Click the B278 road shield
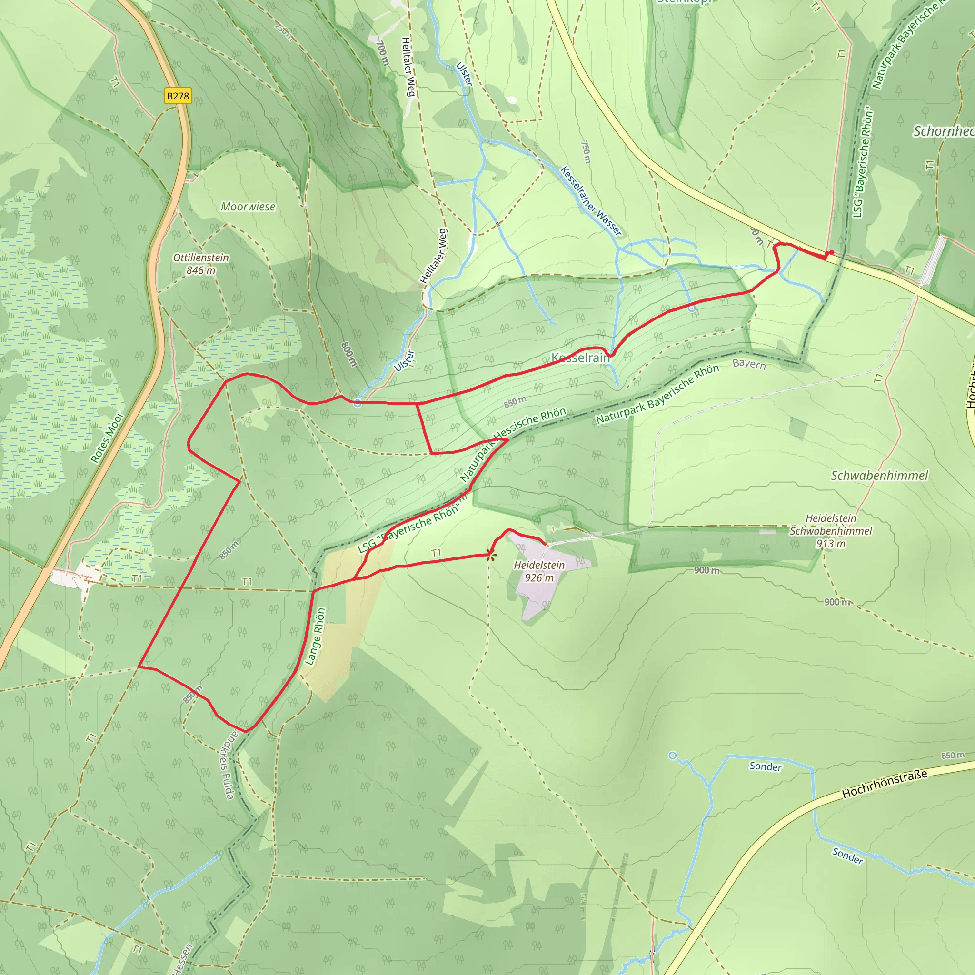click(178, 96)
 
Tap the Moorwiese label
click(248, 207)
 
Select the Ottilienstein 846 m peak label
click(201, 264)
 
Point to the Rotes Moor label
click(107, 437)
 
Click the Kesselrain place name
click(581, 358)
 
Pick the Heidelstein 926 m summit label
click(539, 571)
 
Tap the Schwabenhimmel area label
click(879, 476)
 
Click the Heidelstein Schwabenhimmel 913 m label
click(831, 531)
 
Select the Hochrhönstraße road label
click(885, 784)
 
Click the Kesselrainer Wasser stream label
click(591, 201)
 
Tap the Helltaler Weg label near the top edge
click(408, 66)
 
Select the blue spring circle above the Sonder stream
click(672, 756)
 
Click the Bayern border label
click(749, 364)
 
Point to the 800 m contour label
click(348, 354)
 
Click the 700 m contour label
click(383, 53)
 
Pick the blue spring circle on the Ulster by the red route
click(358, 403)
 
